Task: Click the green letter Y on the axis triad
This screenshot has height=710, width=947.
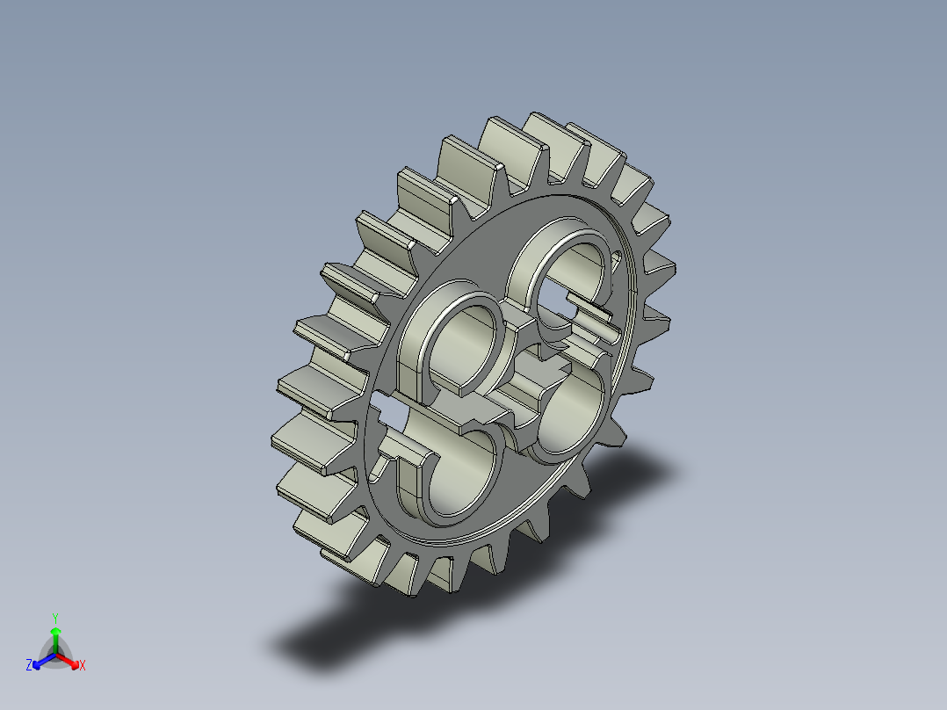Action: (x=54, y=617)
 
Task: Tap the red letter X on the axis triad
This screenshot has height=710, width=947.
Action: (x=83, y=666)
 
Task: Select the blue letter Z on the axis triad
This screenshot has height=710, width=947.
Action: (x=28, y=666)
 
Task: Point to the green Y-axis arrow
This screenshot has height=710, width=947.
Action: (x=54, y=636)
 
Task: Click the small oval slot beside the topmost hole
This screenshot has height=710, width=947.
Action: (x=617, y=258)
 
